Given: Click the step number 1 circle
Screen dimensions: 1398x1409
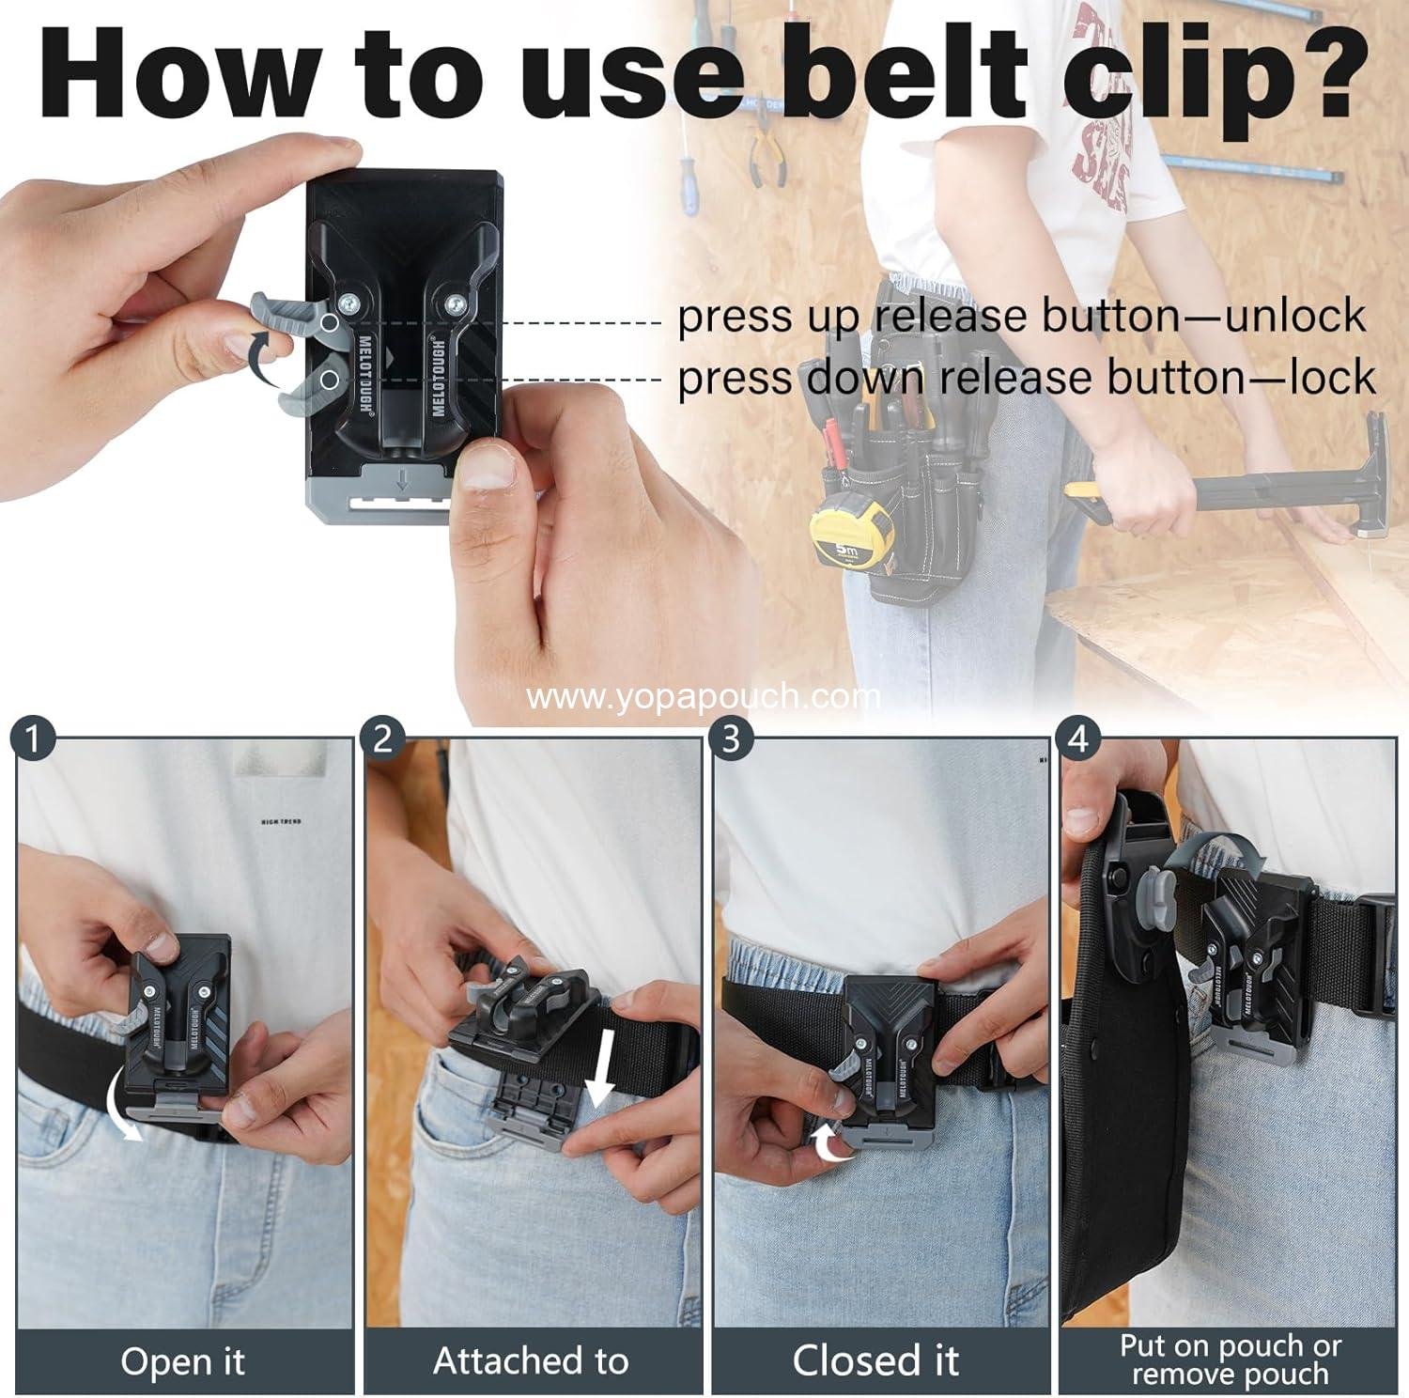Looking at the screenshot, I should point(33,739).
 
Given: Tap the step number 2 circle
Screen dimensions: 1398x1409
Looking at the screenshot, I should point(382,739).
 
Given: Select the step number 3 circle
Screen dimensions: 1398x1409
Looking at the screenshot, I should point(731,739).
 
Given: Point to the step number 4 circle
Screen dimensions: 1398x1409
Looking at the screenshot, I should point(1077,739).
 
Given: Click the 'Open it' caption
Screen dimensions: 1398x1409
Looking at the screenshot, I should point(183,1360).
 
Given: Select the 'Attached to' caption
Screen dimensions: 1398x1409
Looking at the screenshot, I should point(531,1360).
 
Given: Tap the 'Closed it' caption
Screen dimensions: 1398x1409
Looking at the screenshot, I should point(875,1360).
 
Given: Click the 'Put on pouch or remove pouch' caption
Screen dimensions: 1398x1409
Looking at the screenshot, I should point(1230,1360).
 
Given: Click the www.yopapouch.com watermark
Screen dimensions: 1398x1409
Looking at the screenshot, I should point(704,697).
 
